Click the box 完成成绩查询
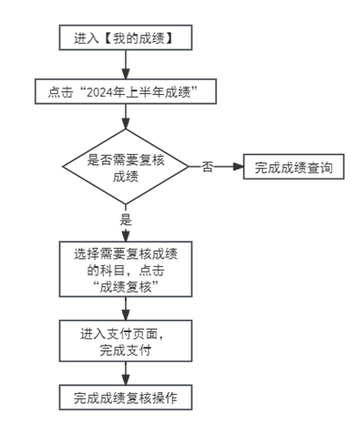tap(293, 168)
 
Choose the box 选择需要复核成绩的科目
tap(126, 270)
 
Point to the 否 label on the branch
tap(207, 168)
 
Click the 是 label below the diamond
tap(126, 220)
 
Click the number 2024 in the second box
tap(103, 92)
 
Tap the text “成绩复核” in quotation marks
tap(126, 285)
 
